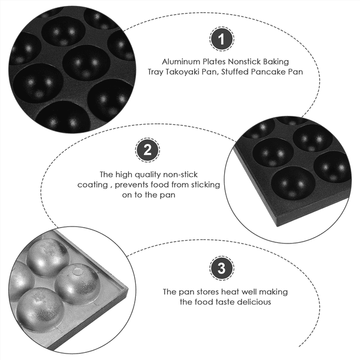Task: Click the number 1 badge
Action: pos(220,40)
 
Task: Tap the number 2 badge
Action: pos(146,150)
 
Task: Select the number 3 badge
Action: pos(220,269)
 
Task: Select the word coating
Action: pos(91,185)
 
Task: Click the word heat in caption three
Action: pos(226,291)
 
